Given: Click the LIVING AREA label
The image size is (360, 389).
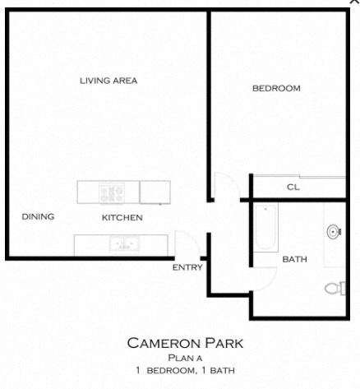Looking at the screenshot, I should click(x=108, y=81).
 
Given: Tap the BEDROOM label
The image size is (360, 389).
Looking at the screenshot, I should click(x=276, y=88).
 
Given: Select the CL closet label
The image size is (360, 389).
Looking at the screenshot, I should click(x=293, y=188).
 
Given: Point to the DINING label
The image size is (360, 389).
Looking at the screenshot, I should click(x=38, y=217).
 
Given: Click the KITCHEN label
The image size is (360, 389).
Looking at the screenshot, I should click(x=122, y=218).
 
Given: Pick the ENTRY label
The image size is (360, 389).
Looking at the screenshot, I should click(x=187, y=267).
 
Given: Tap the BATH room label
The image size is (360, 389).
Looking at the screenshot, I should click(x=294, y=259).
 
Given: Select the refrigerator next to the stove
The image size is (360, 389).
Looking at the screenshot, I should click(x=155, y=192).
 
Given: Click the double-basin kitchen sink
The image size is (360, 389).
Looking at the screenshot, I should click(x=124, y=244).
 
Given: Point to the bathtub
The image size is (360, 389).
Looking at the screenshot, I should click(x=265, y=227).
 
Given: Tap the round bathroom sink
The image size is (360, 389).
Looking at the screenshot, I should click(x=335, y=232).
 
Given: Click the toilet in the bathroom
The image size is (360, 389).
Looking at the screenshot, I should click(x=336, y=288).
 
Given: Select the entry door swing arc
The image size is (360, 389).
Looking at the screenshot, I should click(x=186, y=244).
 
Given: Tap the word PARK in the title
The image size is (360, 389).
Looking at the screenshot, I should click(x=220, y=343).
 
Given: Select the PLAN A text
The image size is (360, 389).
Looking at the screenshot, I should click(x=185, y=358).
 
